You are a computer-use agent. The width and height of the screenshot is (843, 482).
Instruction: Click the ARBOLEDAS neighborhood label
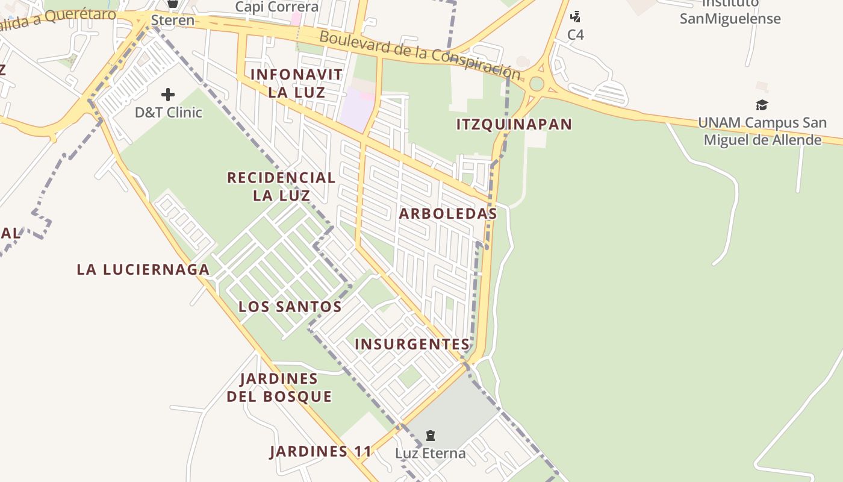(448, 214)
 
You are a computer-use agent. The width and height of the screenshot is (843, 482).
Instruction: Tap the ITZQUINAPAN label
(514, 125)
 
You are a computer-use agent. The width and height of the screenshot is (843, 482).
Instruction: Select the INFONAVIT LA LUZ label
(296, 83)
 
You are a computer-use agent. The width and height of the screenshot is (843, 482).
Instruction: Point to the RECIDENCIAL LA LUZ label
(281, 186)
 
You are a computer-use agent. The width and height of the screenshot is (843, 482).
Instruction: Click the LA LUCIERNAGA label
(143, 269)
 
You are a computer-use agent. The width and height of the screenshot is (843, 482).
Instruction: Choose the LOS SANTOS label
(290, 307)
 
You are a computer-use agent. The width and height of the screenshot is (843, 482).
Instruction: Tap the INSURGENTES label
(412, 345)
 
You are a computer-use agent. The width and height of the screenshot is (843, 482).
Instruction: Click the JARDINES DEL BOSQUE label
(279, 387)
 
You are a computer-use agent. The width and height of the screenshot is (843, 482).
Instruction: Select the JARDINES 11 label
(317, 452)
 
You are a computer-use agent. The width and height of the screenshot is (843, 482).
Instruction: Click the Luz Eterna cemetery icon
(431, 435)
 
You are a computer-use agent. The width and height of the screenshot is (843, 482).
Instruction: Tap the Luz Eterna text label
(431, 453)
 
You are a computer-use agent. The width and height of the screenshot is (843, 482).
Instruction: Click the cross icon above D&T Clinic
(168, 95)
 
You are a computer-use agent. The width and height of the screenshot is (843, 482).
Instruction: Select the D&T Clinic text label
(169, 113)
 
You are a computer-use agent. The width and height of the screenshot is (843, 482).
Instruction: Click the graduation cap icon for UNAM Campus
(762, 105)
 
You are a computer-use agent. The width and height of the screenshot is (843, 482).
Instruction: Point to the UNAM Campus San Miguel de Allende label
(762, 131)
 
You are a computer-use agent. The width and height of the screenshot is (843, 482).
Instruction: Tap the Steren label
(173, 20)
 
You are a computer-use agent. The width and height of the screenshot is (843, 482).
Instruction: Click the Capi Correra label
(277, 7)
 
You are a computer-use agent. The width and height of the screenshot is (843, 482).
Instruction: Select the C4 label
(576, 35)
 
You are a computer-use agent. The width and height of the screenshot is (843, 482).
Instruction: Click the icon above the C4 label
(576, 16)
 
